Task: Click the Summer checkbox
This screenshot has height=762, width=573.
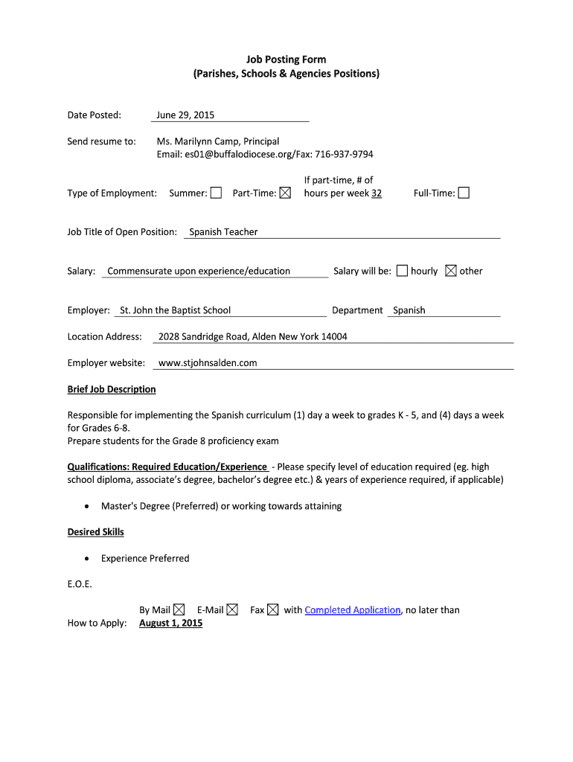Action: [x=216, y=193]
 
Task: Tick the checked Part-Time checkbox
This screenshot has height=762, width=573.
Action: [x=285, y=193]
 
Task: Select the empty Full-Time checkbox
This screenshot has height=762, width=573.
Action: [x=464, y=193]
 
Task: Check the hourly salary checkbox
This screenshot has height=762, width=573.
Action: [x=402, y=271]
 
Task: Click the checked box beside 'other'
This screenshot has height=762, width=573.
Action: [x=451, y=271]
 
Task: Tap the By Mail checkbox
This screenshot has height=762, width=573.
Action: [x=179, y=610]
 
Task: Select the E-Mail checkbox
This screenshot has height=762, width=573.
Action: [x=232, y=610]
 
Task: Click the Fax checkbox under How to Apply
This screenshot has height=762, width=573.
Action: [x=273, y=610]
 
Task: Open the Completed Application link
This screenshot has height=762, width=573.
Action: [x=353, y=610]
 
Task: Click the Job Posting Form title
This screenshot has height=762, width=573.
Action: [x=286, y=60]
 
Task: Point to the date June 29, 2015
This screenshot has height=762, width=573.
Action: [x=185, y=115]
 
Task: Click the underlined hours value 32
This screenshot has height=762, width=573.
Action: [x=377, y=193]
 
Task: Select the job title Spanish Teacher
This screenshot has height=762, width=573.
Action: [x=223, y=232]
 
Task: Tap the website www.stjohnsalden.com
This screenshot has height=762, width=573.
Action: [x=208, y=363]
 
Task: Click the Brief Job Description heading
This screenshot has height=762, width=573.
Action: [x=112, y=389]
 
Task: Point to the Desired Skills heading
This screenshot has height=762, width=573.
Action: [x=95, y=532]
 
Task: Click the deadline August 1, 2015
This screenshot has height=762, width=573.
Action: [x=170, y=623]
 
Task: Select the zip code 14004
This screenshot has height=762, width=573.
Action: [x=334, y=336]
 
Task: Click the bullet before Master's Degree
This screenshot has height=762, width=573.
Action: [x=88, y=507]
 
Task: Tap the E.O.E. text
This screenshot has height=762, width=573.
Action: [x=80, y=584]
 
